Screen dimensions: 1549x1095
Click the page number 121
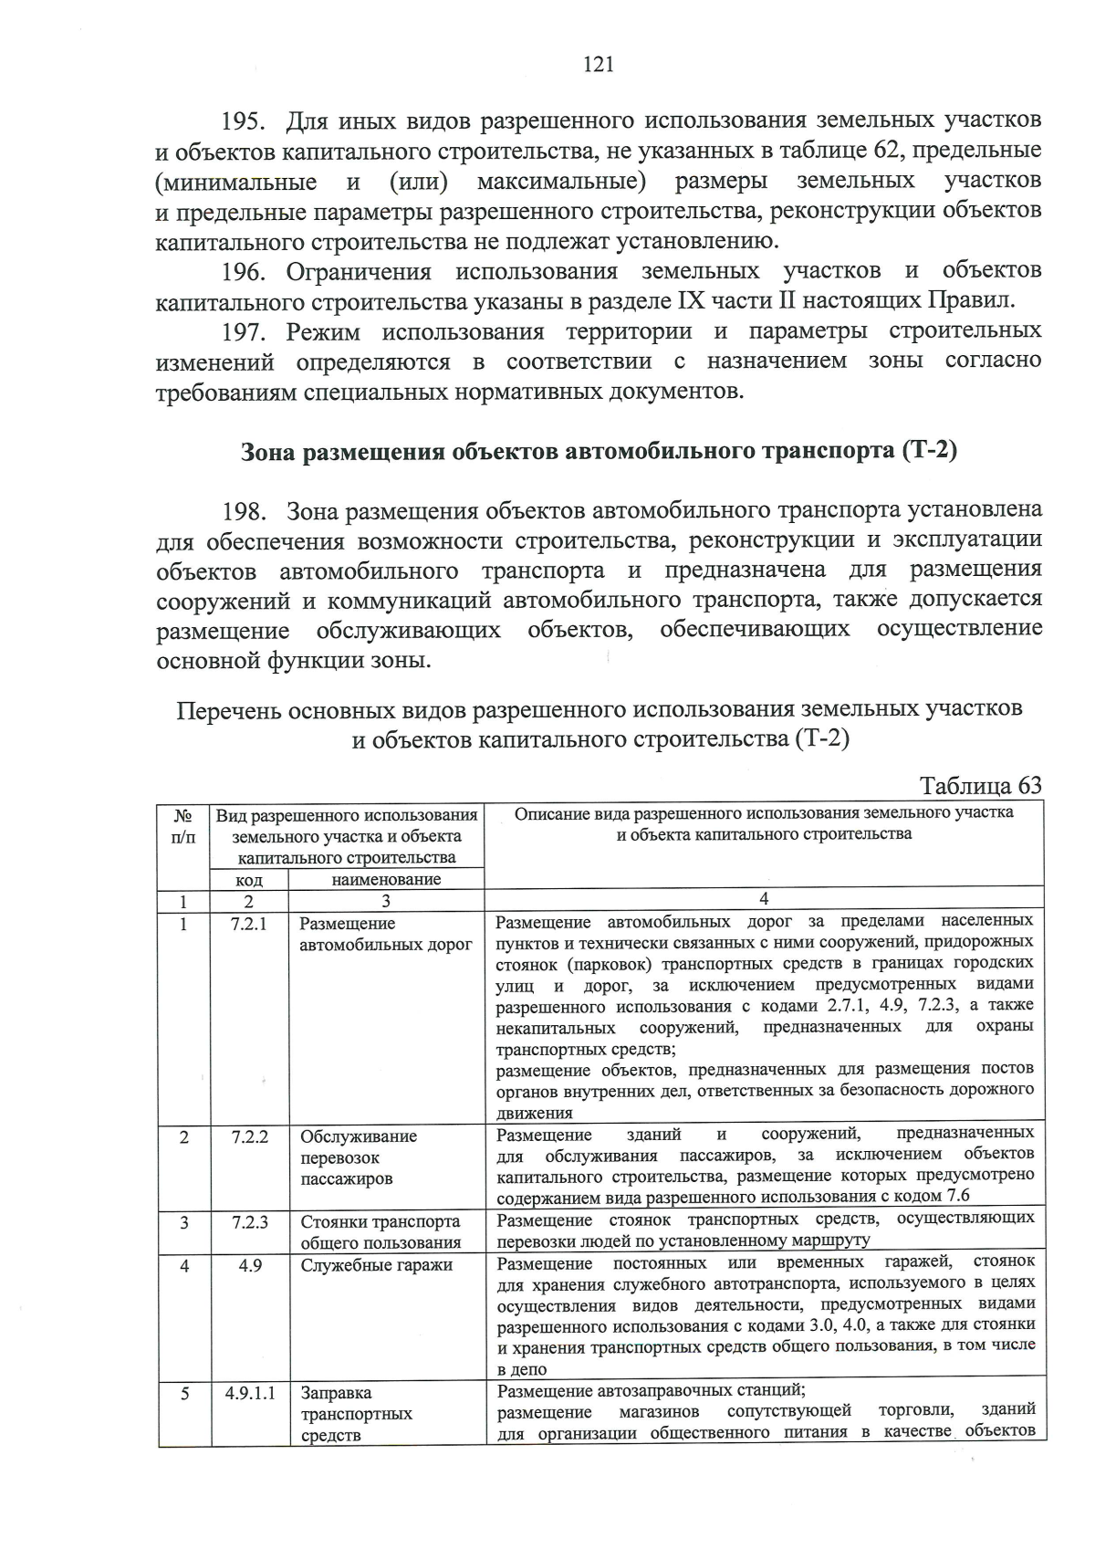(598, 64)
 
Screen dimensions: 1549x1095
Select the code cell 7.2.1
(249, 924)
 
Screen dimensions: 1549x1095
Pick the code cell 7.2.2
(249, 1136)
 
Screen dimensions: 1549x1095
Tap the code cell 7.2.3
(249, 1221)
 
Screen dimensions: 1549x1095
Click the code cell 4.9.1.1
(250, 1393)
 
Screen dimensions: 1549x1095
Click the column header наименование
(386, 880)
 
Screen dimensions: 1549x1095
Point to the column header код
(249, 880)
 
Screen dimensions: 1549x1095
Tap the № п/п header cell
(182, 825)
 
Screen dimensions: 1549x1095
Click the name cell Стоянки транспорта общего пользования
(381, 1231)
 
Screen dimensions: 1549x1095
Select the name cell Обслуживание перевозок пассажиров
(359, 1157)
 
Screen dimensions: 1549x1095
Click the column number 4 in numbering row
(764, 899)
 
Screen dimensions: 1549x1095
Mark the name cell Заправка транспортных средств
(356, 1414)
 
